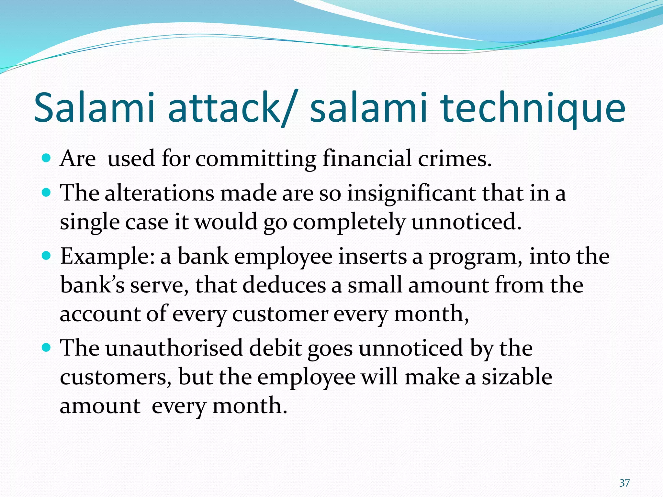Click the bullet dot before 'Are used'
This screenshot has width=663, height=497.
47,159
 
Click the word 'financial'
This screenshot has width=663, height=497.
367,159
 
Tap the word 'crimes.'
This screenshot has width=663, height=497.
455,159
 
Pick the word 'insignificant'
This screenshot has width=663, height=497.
411,193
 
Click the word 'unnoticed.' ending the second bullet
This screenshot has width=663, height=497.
466,222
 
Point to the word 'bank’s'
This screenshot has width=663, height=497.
92,285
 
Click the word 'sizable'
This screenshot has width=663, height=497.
517,377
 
